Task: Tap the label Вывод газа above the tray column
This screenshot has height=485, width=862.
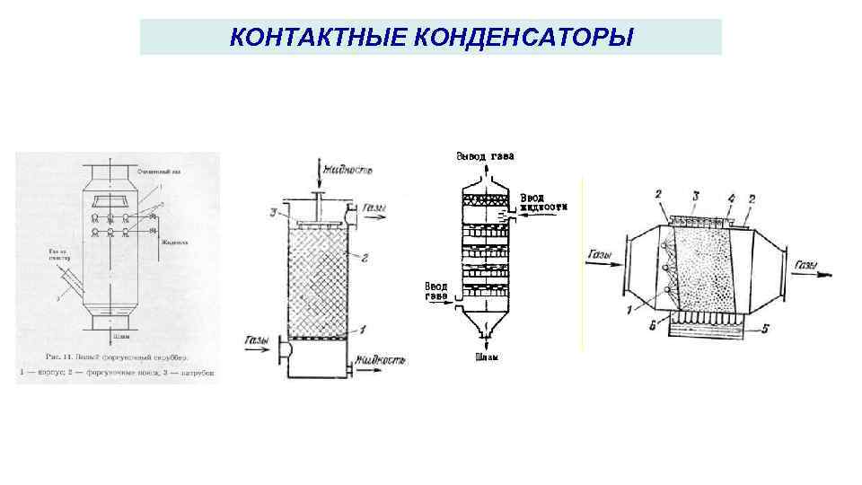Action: pyautogui.click(x=486, y=156)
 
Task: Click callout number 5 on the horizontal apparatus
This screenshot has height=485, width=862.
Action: pyautogui.click(x=763, y=329)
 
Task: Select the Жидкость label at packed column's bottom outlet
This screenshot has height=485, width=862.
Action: pyautogui.click(x=380, y=361)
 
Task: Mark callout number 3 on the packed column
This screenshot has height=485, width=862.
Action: pyautogui.click(x=273, y=212)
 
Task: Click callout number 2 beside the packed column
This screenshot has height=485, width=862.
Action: pyautogui.click(x=365, y=258)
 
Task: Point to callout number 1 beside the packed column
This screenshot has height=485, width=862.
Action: pyautogui.click(x=365, y=330)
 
